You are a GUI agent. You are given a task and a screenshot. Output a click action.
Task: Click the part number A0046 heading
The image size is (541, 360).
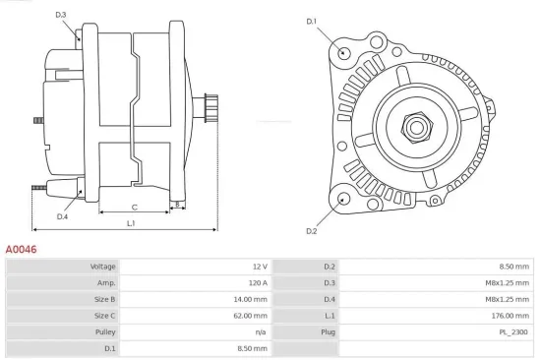tap(21, 250)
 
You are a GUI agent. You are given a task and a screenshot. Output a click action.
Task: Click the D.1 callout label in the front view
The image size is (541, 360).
tap(312, 21)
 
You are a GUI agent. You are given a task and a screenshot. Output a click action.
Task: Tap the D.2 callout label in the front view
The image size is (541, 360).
tap(312, 231)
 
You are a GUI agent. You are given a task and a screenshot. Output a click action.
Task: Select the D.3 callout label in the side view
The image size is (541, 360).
tap(61, 15)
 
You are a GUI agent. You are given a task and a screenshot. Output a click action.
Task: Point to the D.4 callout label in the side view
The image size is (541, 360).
tap(62, 216)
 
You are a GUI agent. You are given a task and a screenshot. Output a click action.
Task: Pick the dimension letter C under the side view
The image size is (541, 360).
tap(134, 208)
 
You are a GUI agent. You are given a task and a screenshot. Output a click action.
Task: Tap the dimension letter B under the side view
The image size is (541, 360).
tap(177, 206)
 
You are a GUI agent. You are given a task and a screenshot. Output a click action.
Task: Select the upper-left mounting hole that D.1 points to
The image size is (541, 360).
tap(344, 53)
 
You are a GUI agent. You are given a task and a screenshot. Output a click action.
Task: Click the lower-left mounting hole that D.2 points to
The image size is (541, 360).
tap(343, 199)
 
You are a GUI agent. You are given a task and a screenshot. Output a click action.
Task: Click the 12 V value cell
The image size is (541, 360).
tap(259, 267)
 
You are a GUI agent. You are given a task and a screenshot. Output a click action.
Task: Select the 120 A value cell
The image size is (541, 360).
tap(257, 282)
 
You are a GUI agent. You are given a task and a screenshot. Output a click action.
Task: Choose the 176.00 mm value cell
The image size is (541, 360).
tap(510, 315)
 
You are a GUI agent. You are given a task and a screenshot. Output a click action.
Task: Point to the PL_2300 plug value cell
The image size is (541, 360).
tap(513, 331)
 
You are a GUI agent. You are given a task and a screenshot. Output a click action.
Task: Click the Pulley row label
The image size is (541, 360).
tap(104, 331)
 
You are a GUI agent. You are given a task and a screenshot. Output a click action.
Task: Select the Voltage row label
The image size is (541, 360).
tap(103, 267)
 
